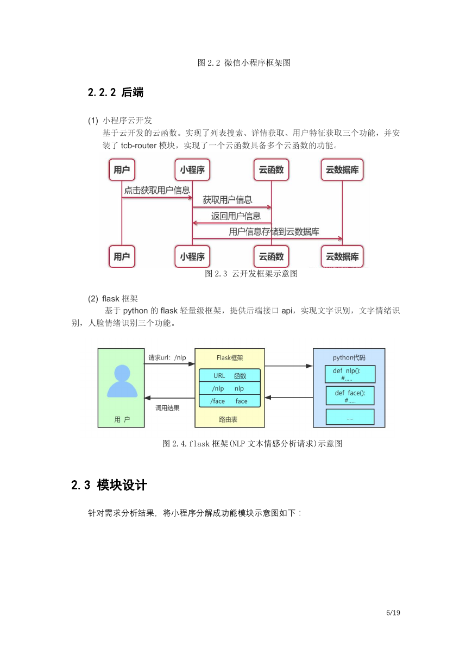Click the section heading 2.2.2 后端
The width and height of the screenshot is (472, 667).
[116, 92]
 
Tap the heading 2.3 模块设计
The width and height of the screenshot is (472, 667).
[109, 485]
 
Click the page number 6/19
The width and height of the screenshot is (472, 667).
[393, 613]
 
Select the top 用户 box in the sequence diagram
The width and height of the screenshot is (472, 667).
[122, 169]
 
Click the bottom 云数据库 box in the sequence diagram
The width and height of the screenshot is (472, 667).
[342, 256]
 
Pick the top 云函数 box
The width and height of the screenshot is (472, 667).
[271, 169]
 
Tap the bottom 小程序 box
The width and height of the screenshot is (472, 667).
[192, 256]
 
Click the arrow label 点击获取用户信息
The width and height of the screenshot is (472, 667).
[157, 190]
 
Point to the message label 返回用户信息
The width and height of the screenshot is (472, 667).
[236, 216]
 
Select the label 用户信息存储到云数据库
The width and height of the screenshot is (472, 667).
[274, 231]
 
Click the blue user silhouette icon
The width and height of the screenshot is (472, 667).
[122, 381]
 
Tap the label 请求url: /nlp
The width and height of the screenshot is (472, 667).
[167, 357]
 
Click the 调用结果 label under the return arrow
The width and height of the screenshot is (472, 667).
[167, 408]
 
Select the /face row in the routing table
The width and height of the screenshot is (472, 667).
[230, 401]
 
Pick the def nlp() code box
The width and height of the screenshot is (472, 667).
[350, 374]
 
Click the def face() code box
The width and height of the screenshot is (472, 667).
[350, 396]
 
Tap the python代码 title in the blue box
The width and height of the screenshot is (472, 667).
[349, 357]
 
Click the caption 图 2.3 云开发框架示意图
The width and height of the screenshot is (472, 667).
[251, 274]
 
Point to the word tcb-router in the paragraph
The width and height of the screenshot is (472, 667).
[139, 146]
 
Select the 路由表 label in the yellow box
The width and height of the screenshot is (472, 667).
[228, 419]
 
